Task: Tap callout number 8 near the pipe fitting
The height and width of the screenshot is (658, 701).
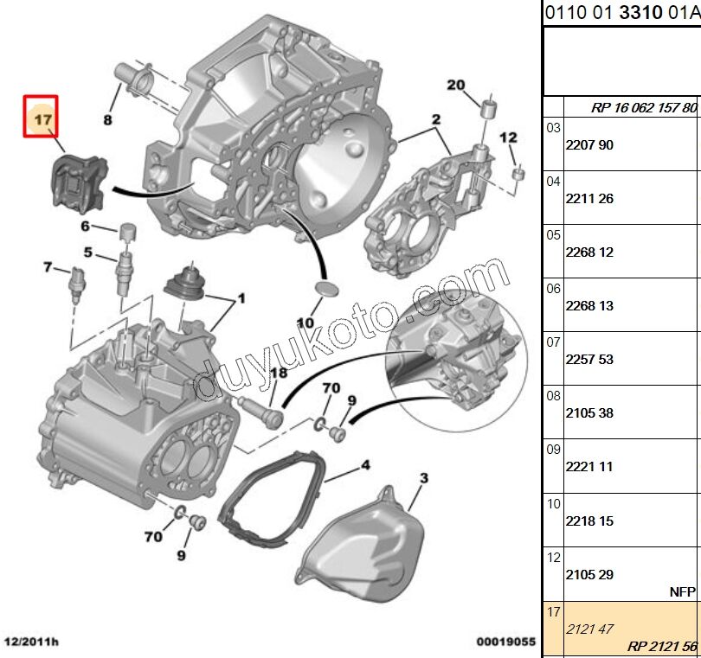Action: pos(108,120)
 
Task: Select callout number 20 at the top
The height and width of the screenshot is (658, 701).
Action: pos(456,85)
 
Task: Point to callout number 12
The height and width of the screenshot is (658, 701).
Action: pos(508,137)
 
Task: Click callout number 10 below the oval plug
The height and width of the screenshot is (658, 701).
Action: pos(305,323)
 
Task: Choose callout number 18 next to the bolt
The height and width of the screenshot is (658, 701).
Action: pos(278,373)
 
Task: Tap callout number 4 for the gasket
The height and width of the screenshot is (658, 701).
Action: pos(365,465)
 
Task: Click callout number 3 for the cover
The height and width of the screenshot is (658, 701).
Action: pos(423,477)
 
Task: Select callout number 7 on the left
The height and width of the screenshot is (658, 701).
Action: pos(49,267)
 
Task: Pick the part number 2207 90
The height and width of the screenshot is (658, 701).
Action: pos(588,145)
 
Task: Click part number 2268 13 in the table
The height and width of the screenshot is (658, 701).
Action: pos(588,306)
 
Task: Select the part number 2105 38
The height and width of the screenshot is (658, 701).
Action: pos(588,413)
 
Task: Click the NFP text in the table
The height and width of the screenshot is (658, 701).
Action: pos(682,592)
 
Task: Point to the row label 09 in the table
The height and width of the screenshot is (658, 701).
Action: pos(554,450)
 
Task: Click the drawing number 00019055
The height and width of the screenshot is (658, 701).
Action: pos(506,643)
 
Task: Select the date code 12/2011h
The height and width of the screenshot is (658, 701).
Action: pos(33,643)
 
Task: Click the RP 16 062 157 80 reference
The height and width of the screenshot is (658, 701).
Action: pos(644,108)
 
